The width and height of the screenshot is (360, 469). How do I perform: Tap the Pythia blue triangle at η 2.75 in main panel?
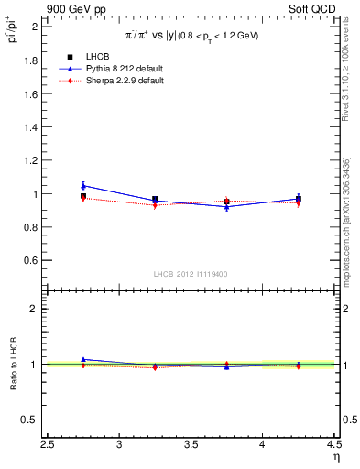click(x=83, y=186)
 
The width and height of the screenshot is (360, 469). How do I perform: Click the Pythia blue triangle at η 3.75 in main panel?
click(x=226, y=207)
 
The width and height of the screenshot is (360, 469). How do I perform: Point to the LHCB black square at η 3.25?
click(x=155, y=199)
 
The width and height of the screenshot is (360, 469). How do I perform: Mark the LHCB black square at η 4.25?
click(x=298, y=198)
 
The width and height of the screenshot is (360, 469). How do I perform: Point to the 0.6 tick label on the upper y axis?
click(x=30, y=261)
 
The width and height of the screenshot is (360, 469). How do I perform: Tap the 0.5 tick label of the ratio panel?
click(x=30, y=420)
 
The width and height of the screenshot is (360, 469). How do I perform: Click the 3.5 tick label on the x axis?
click(x=191, y=446)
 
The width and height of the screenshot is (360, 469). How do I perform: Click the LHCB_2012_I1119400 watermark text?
click(x=191, y=274)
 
